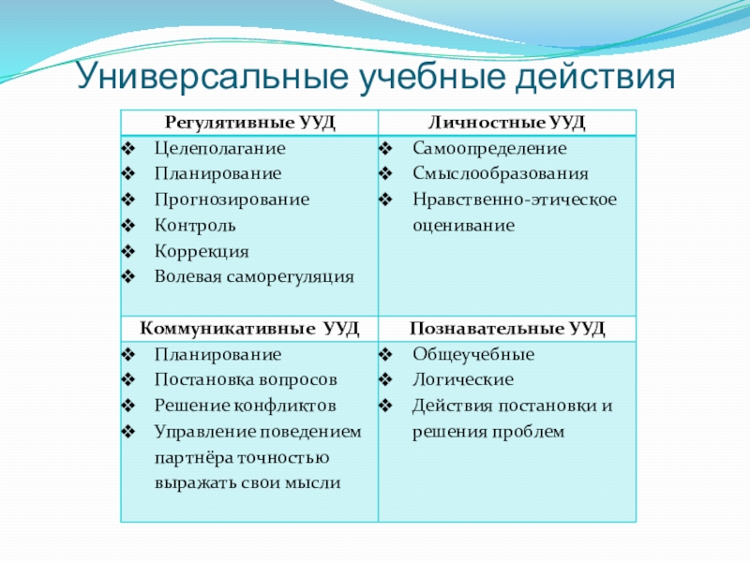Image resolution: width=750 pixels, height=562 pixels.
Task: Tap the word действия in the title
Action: click(595, 74)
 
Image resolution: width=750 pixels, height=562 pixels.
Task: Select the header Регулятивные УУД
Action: click(249, 122)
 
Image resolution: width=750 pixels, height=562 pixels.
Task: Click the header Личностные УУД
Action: click(506, 122)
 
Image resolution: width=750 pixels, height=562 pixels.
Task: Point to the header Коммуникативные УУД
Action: click(249, 329)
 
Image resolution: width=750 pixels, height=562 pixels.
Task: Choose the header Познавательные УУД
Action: click(506, 329)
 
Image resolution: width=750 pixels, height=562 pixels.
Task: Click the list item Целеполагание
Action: click(220, 148)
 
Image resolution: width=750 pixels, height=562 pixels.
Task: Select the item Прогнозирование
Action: click(232, 200)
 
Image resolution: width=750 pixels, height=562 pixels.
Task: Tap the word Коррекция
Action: click(202, 251)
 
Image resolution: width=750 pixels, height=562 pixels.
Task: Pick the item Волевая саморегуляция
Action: click(254, 276)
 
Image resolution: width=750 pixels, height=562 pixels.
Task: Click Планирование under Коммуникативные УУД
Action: click(217, 355)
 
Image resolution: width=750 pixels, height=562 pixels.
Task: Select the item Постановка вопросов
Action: click(245, 380)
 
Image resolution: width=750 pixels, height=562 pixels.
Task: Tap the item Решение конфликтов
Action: click(244, 406)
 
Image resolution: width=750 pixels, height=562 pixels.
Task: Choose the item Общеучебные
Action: click(472, 355)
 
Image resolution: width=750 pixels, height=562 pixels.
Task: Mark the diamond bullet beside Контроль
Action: click(128, 226)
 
